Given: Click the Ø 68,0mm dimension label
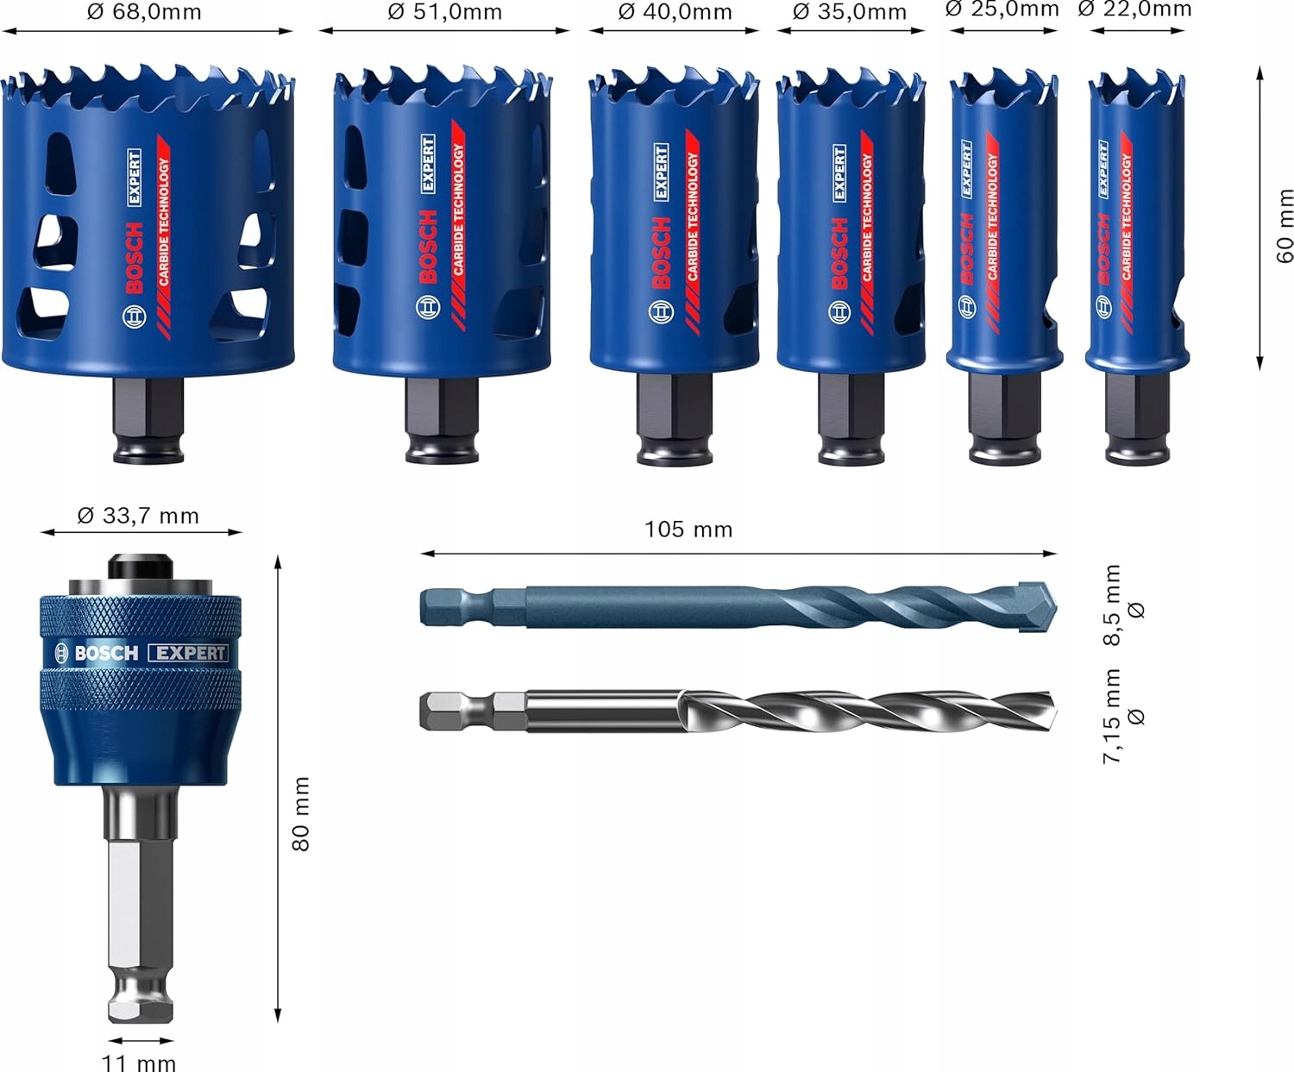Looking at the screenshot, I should tap(144, 12).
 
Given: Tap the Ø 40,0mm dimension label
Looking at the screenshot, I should tap(675, 12).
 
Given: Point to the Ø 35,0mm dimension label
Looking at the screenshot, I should tap(850, 12).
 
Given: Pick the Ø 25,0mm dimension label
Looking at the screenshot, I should tap(1002, 9).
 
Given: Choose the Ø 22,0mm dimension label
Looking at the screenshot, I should tap(1135, 9).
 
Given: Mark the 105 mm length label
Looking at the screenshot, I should tap(688, 530).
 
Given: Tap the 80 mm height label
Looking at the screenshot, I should tap(300, 814).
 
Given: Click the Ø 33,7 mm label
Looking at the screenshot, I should tap(138, 516).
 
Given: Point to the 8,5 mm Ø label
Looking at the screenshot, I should tap(1122, 605).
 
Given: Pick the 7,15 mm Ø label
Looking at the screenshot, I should tap(1122, 715).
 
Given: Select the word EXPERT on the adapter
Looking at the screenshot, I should tap(188, 653).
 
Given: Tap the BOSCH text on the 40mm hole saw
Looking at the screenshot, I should tap(660, 253).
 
